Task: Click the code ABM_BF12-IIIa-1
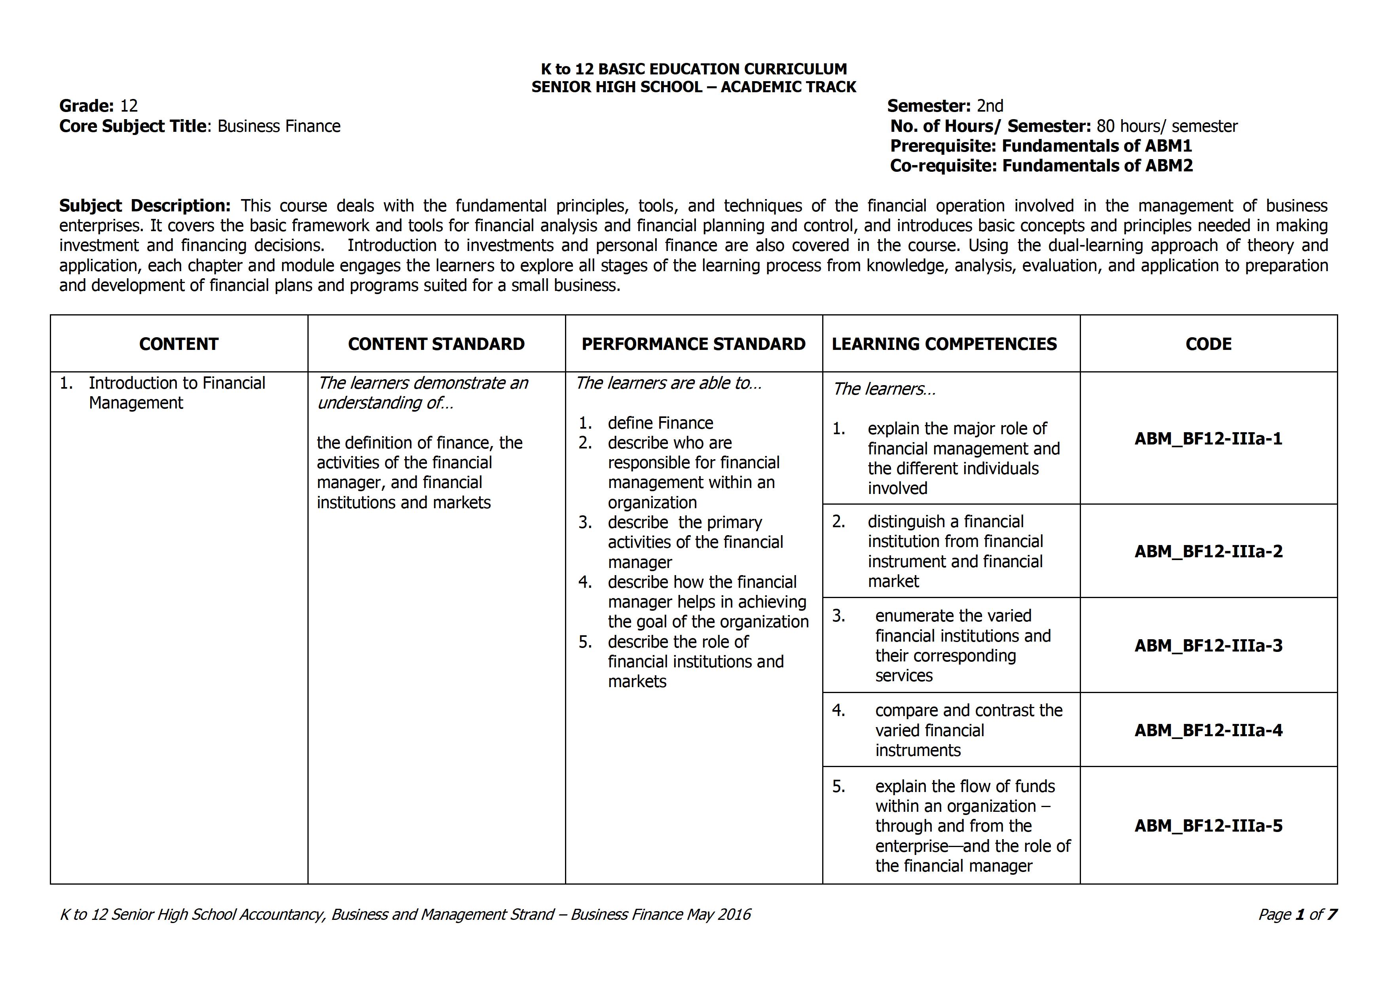point(1208,439)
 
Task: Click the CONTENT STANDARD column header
point(436,344)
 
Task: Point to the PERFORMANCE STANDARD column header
point(693,344)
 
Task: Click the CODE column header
point(1208,344)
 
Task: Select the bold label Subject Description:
point(144,205)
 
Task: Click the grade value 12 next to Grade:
point(129,106)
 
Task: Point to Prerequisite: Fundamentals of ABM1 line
point(1040,146)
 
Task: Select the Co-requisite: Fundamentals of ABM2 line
point(1041,166)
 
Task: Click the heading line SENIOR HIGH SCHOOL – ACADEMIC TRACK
point(693,87)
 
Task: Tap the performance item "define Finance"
point(660,423)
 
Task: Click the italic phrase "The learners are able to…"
point(668,383)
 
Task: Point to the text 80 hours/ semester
point(1167,126)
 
